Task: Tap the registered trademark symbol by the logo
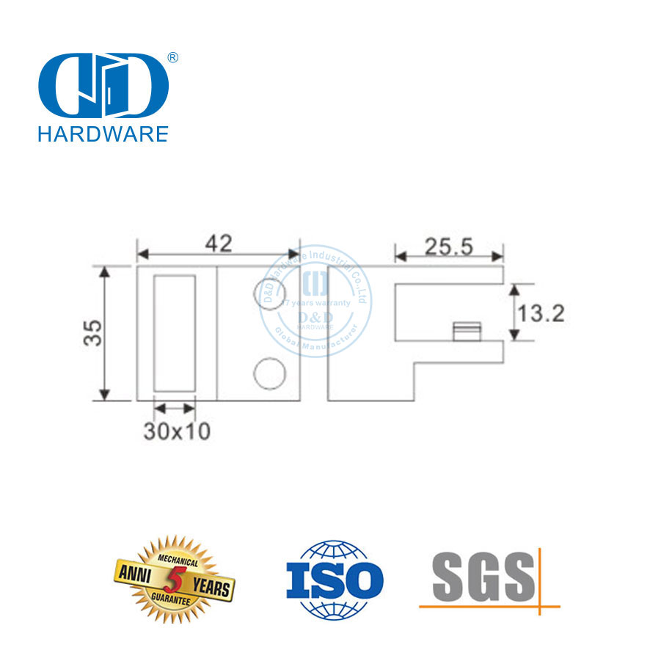(174, 57)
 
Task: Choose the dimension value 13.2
(541, 314)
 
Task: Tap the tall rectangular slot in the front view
(175, 333)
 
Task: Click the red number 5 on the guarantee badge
(174, 577)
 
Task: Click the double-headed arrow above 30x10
(175, 408)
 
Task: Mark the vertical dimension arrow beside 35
(106, 334)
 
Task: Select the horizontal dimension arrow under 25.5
(450, 257)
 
